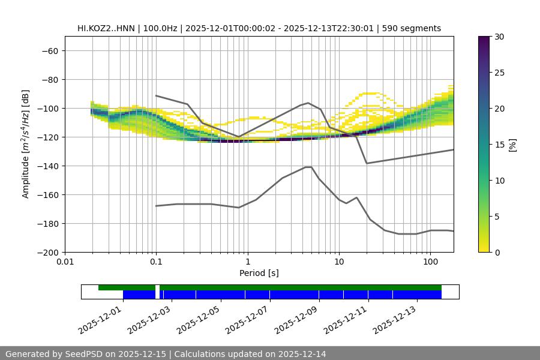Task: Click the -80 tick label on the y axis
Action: [x=49, y=79]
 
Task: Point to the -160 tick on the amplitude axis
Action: [x=47, y=194]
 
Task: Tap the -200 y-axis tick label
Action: [x=47, y=252]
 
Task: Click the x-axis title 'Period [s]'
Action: [x=259, y=273]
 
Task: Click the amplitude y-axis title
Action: [x=26, y=144]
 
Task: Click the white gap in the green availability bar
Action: [x=157, y=287]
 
